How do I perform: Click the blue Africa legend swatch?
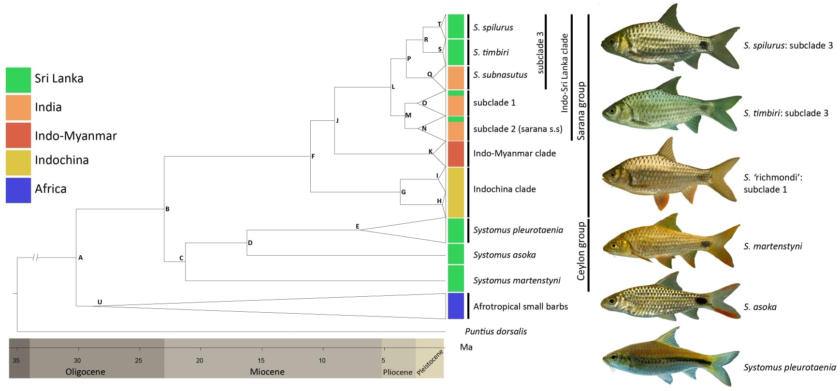click(18, 190)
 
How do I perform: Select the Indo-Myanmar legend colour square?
click(18, 135)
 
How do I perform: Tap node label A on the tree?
click(81, 258)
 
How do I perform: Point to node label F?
click(313, 156)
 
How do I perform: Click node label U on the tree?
click(100, 302)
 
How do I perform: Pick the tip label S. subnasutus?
click(500, 75)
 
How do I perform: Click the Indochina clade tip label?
click(504, 189)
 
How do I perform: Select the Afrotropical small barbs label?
click(521, 306)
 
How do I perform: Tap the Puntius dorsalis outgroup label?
click(495, 332)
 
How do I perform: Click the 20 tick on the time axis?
click(200, 360)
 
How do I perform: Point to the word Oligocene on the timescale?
click(86, 372)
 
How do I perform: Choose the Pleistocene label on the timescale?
click(430, 362)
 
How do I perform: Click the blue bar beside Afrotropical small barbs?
click(456, 306)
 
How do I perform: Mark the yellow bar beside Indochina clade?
click(456, 192)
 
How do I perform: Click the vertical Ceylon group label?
click(581, 251)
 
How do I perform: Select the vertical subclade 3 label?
click(540, 52)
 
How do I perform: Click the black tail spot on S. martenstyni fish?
click(706, 244)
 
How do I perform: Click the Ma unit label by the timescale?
click(466, 347)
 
